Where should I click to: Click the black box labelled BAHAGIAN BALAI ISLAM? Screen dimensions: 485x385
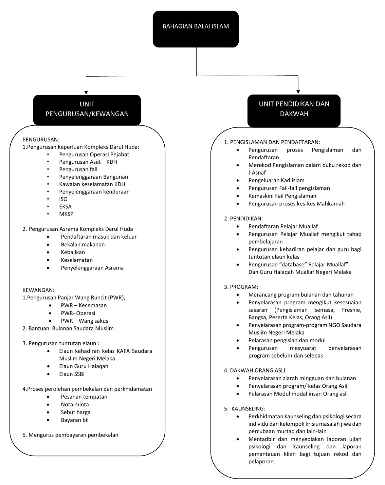click(x=196, y=29)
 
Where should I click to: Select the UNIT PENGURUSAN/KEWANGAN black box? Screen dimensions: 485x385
click(x=87, y=109)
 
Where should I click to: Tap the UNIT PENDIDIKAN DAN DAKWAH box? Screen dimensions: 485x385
click(x=294, y=109)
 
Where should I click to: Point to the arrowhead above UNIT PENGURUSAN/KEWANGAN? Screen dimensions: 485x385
click(x=86, y=92)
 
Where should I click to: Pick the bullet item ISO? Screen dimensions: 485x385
click(x=63, y=199)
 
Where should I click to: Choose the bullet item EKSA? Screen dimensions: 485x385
click(x=65, y=206)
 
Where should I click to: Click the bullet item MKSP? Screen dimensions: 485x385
click(x=66, y=214)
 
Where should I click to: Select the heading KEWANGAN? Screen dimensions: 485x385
click(x=38, y=290)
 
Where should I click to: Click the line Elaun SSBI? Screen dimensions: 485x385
click(x=72, y=374)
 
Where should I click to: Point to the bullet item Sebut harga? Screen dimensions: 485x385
click(x=75, y=412)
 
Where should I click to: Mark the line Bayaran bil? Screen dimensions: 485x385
click(x=75, y=420)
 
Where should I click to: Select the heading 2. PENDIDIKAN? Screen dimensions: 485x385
click(x=243, y=219)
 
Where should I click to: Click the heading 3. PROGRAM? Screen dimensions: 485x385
click(x=241, y=287)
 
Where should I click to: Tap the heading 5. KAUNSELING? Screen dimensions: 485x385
click(x=245, y=409)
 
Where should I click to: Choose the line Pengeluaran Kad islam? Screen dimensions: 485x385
click(x=276, y=180)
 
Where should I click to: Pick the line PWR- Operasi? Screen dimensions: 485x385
click(x=78, y=313)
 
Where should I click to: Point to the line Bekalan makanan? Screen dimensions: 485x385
click(x=83, y=244)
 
